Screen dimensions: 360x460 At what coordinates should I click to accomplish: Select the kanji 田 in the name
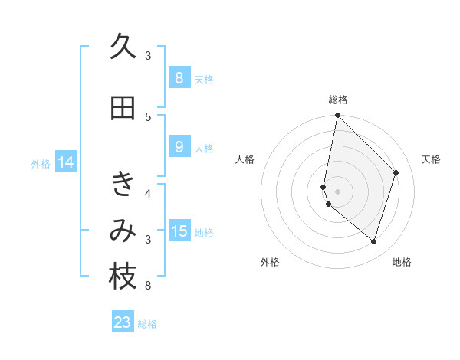click(x=123, y=108)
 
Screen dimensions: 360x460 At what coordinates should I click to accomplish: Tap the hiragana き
click(x=123, y=184)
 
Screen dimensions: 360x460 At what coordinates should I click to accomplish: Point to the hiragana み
click(x=123, y=231)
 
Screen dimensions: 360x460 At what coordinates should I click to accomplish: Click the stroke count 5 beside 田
click(x=148, y=116)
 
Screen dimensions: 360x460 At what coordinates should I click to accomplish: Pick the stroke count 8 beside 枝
click(x=148, y=286)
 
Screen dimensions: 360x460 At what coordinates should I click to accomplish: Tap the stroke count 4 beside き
click(x=148, y=193)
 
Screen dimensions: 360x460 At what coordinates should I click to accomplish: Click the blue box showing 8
click(x=179, y=78)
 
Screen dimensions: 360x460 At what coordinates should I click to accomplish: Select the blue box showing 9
click(x=179, y=147)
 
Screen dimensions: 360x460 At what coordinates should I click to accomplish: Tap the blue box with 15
click(x=179, y=231)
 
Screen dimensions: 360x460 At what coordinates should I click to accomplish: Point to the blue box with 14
click(x=65, y=162)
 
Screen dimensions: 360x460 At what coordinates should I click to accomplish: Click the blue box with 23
click(x=123, y=322)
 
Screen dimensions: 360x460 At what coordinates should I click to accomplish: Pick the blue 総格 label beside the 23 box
click(x=147, y=324)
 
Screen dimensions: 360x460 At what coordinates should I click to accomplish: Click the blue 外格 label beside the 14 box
click(x=41, y=163)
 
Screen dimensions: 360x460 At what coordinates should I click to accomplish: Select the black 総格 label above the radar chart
click(x=337, y=100)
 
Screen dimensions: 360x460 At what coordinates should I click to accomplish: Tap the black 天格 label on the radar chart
click(x=431, y=159)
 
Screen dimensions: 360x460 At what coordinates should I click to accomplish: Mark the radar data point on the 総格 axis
click(x=337, y=116)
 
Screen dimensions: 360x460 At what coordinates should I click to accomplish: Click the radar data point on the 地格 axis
click(x=373, y=241)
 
